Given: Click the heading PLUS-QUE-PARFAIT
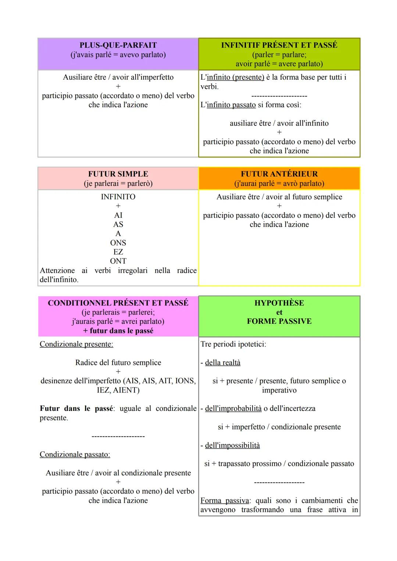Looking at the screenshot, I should (x=118, y=45).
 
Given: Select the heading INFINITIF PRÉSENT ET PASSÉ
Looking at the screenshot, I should (x=279, y=45).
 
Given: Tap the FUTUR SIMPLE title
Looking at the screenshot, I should (x=118, y=174).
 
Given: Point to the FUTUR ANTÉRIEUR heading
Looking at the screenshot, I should (x=279, y=174).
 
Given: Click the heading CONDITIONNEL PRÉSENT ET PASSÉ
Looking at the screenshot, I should (x=118, y=303).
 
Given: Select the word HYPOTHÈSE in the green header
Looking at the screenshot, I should (x=279, y=303).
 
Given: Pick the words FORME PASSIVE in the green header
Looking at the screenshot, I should (x=279, y=321).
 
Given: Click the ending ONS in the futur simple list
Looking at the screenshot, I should (x=118, y=243).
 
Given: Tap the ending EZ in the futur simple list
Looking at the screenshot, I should (x=118, y=252).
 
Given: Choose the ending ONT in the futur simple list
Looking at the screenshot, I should (x=118, y=261).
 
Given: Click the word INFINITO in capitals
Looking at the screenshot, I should (x=118, y=197).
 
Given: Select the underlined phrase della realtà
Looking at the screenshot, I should (x=222, y=363).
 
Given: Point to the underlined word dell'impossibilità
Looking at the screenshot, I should (x=232, y=445).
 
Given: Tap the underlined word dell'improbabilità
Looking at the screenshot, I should (x=233, y=409).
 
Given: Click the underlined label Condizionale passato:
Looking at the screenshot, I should (x=75, y=455).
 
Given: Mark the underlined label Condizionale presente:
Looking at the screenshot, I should (x=76, y=344).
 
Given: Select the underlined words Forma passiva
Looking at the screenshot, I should (x=225, y=500).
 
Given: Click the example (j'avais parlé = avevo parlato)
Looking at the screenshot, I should (x=118, y=55).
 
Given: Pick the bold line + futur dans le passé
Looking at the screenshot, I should (x=118, y=331).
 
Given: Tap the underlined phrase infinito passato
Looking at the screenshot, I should (x=231, y=105).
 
